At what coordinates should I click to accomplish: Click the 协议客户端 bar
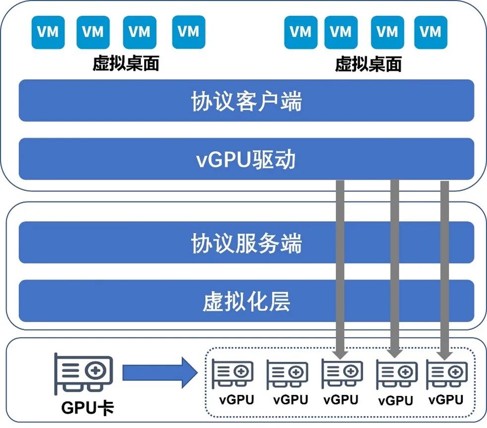pyautogui.click(x=246, y=100)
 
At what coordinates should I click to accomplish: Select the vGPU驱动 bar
pyautogui.click(x=246, y=159)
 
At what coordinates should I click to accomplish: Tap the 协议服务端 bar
pyautogui.click(x=246, y=242)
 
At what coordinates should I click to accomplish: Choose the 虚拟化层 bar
pyautogui.click(x=246, y=301)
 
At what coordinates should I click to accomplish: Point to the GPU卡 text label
pyautogui.click(x=87, y=408)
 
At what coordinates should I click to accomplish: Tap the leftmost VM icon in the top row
pyautogui.click(x=48, y=33)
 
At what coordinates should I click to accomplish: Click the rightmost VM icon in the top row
pyautogui.click(x=431, y=33)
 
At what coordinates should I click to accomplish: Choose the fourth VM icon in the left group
pyautogui.click(x=188, y=32)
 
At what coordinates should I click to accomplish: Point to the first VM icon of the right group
pyautogui.click(x=300, y=33)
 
